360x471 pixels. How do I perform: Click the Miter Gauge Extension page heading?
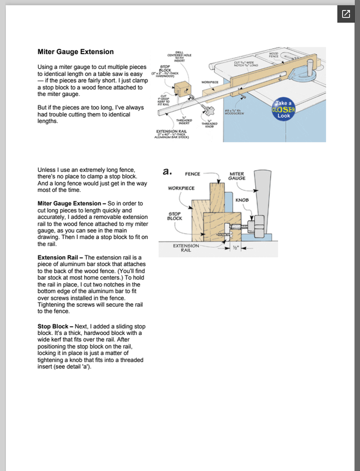click(x=75, y=52)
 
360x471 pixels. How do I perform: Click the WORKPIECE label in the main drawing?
click(x=210, y=82)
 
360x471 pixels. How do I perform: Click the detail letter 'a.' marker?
click(x=167, y=171)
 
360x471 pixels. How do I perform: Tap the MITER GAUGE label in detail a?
click(x=237, y=177)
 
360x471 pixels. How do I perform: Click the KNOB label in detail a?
click(x=243, y=200)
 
